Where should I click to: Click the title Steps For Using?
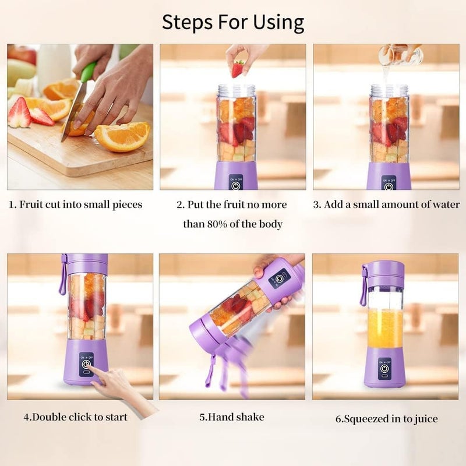pyautogui.click(x=233, y=22)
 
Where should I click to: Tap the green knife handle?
pyautogui.click(x=88, y=72)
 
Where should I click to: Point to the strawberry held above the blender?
pyautogui.click(x=238, y=69)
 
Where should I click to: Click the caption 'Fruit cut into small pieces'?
pyautogui.click(x=75, y=205)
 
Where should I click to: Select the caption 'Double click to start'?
pyautogui.click(x=75, y=417)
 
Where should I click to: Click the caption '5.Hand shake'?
pyautogui.click(x=232, y=417)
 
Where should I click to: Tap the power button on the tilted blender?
pyautogui.click(x=280, y=278)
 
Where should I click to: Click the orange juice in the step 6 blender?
pyautogui.click(x=384, y=329)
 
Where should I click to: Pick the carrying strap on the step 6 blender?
pyautogui.click(x=363, y=285)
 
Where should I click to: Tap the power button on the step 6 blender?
pyautogui.click(x=384, y=369)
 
